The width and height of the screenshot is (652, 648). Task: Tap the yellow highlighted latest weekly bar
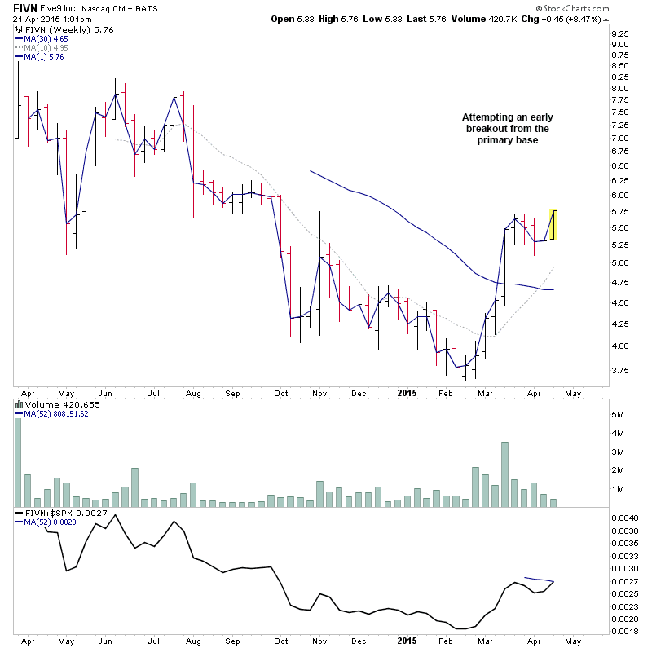pyautogui.click(x=553, y=225)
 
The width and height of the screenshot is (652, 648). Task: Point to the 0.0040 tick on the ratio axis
pyautogui.click(x=624, y=518)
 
